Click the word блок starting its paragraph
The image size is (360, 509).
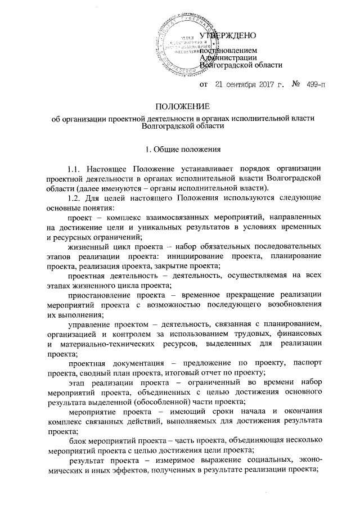coord(78,440)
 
